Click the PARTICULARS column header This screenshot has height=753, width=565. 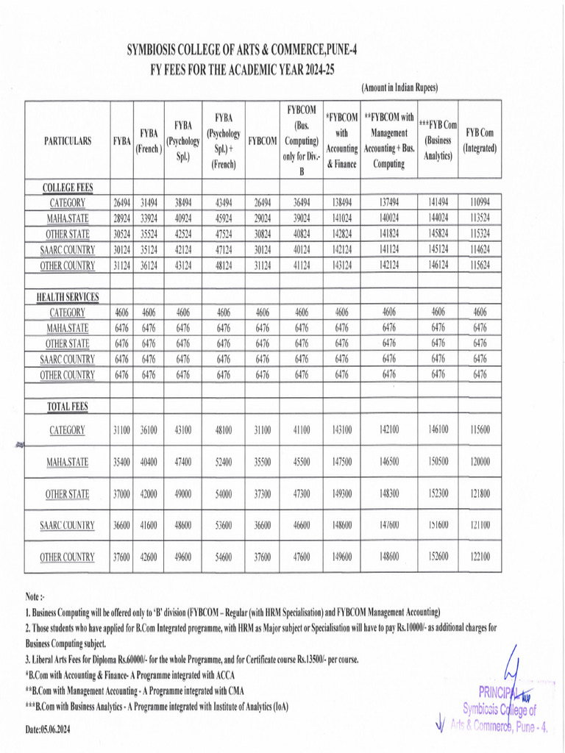click(x=68, y=141)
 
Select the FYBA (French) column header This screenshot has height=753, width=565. click(x=149, y=140)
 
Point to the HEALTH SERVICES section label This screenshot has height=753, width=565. click(x=68, y=297)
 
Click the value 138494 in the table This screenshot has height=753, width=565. click(x=341, y=203)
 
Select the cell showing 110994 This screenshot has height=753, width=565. click(x=480, y=203)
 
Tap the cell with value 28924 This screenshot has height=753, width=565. click(x=121, y=219)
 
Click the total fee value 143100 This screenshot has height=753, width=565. click(x=341, y=430)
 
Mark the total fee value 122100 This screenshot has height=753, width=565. click(x=480, y=557)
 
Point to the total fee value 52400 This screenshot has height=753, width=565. click(x=224, y=462)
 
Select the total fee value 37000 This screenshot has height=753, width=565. click(x=121, y=494)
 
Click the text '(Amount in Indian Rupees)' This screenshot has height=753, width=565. click(x=399, y=88)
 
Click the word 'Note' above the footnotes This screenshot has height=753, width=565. click(x=34, y=597)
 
